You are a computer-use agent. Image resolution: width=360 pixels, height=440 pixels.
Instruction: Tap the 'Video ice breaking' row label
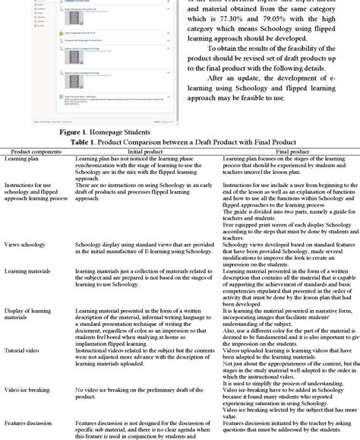pos(28,389)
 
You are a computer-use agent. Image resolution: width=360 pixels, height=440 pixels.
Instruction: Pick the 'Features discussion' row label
pos(30,423)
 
